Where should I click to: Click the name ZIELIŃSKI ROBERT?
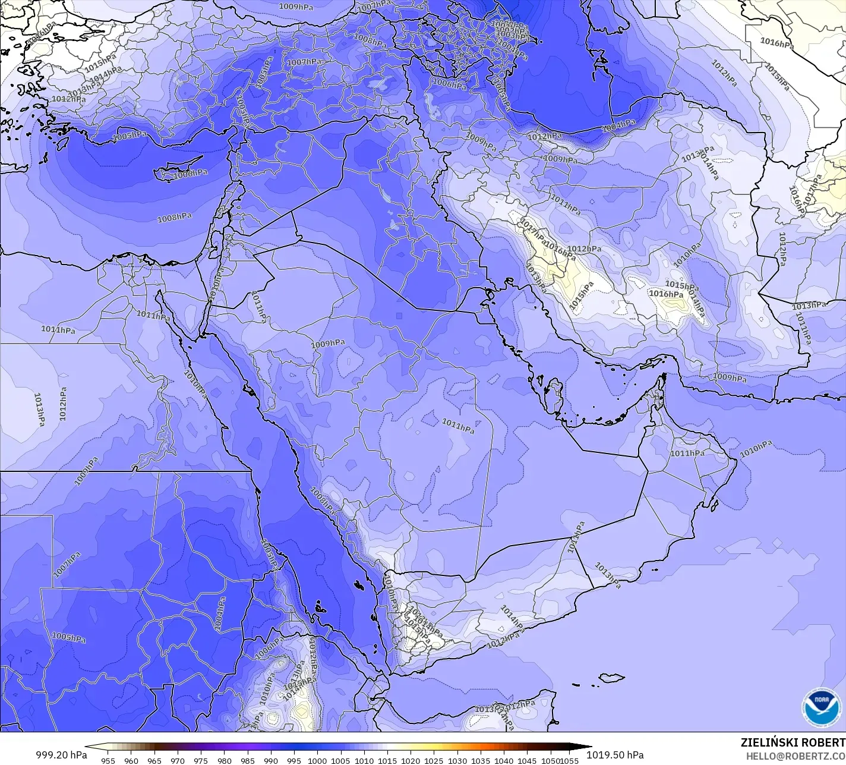pyautogui.click(x=793, y=742)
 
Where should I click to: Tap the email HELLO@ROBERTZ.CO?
pyautogui.click(x=796, y=755)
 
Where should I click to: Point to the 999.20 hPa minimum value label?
pyautogui.click(x=61, y=755)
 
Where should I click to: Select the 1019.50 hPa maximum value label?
pyautogui.click(x=615, y=755)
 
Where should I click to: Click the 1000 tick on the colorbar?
pyautogui.click(x=317, y=760)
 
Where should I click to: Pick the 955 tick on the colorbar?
pyautogui.click(x=108, y=760)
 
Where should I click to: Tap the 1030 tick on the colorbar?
pyautogui.click(x=457, y=760)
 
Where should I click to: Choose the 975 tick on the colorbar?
pyautogui.click(x=201, y=760)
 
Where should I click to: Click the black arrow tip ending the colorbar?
pyautogui.click(x=588, y=747)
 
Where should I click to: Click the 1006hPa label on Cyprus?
pyautogui.click(x=191, y=173)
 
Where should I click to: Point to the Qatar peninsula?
pyautogui.click(x=557, y=397)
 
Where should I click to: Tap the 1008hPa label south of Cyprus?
pyautogui.click(x=174, y=218)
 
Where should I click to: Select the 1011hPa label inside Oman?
pyautogui.click(x=687, y=454)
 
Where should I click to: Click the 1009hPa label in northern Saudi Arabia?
pyautogui.click(x=328, y=344)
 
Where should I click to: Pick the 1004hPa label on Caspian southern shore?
pyautogui.click(x=618, y=125)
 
